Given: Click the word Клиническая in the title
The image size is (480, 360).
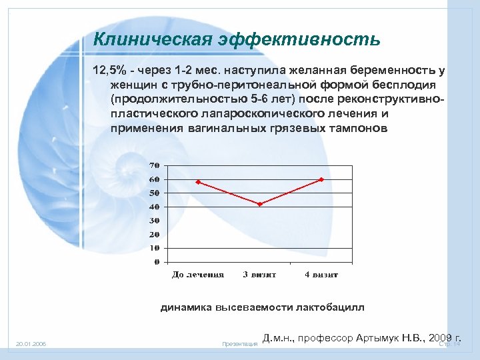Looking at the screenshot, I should (x=152, y=40).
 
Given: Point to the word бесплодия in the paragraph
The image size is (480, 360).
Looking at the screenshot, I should (x=404, y=85).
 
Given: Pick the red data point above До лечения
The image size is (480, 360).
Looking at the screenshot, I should (x=199, y=181).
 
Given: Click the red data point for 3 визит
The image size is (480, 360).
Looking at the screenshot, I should (x=260, y=204).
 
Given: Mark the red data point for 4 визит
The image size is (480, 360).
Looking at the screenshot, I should (x=321, y=179).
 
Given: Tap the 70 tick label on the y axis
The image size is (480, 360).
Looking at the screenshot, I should (x=153, y=165).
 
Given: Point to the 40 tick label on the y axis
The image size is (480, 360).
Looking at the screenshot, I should (x=153, y=207).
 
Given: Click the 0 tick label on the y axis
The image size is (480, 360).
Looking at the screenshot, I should (x=155, y=262).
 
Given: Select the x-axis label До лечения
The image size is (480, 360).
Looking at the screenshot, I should (x=198, y=275).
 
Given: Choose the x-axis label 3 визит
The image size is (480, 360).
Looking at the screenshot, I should (x=259, y=275).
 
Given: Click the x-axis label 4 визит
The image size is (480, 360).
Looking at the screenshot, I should (x=321, y=275).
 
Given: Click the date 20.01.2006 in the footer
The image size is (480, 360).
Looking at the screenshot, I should (x=31, y=344).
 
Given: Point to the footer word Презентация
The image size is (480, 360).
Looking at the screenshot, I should (x=240, y=344).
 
